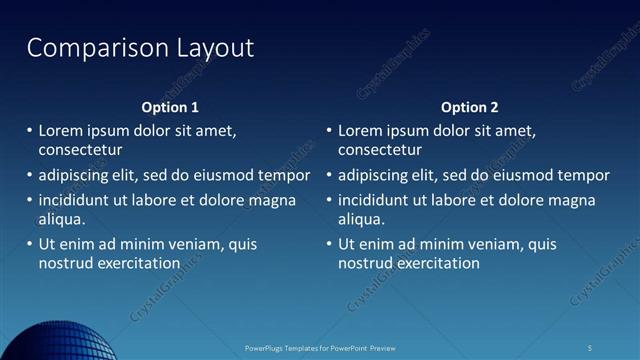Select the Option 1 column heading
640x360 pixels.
(x=169, y=107)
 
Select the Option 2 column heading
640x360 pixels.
(x=469, y=107)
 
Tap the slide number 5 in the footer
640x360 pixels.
(x=589, y=348)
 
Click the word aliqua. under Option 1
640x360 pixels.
(x=62, y=219)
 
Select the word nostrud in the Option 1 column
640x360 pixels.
(x=65, y=264)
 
